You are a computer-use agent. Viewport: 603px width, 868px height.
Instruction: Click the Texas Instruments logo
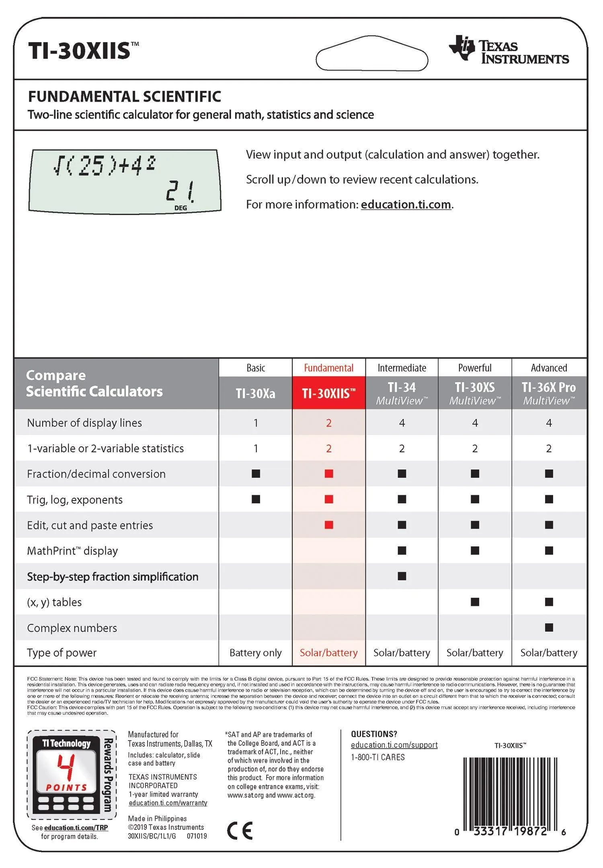point(509,50)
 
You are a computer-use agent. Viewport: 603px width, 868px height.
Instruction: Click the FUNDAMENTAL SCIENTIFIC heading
point(124,96)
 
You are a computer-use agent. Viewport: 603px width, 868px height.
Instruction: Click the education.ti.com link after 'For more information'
point(406,205)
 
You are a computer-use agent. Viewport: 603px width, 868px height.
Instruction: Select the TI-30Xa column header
point(256,393)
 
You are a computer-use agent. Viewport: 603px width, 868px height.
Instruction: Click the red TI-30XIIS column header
point(328,393)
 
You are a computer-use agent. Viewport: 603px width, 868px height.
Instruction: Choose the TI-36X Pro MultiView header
point(549,393)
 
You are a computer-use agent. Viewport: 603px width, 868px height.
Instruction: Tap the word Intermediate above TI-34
point(402,368)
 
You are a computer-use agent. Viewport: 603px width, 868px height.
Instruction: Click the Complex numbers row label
point(72,628)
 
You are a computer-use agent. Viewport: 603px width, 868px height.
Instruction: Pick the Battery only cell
point(256,653)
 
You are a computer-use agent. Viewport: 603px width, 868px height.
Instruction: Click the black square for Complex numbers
point(549,628)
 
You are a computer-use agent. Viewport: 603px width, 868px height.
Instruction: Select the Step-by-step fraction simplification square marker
point(402,576)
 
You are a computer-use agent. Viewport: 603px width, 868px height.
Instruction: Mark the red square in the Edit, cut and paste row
point(329,525)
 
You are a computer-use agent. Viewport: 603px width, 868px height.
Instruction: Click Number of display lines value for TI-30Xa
point(256,423)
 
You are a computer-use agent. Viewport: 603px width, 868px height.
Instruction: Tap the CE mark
point(240,831)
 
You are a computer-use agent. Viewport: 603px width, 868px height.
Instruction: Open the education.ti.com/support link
point(394,745)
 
